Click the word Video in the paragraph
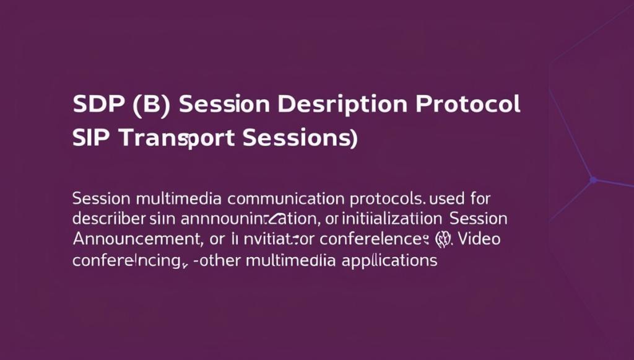click(x=475, y=239)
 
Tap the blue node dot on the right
click(x=593, y=180)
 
